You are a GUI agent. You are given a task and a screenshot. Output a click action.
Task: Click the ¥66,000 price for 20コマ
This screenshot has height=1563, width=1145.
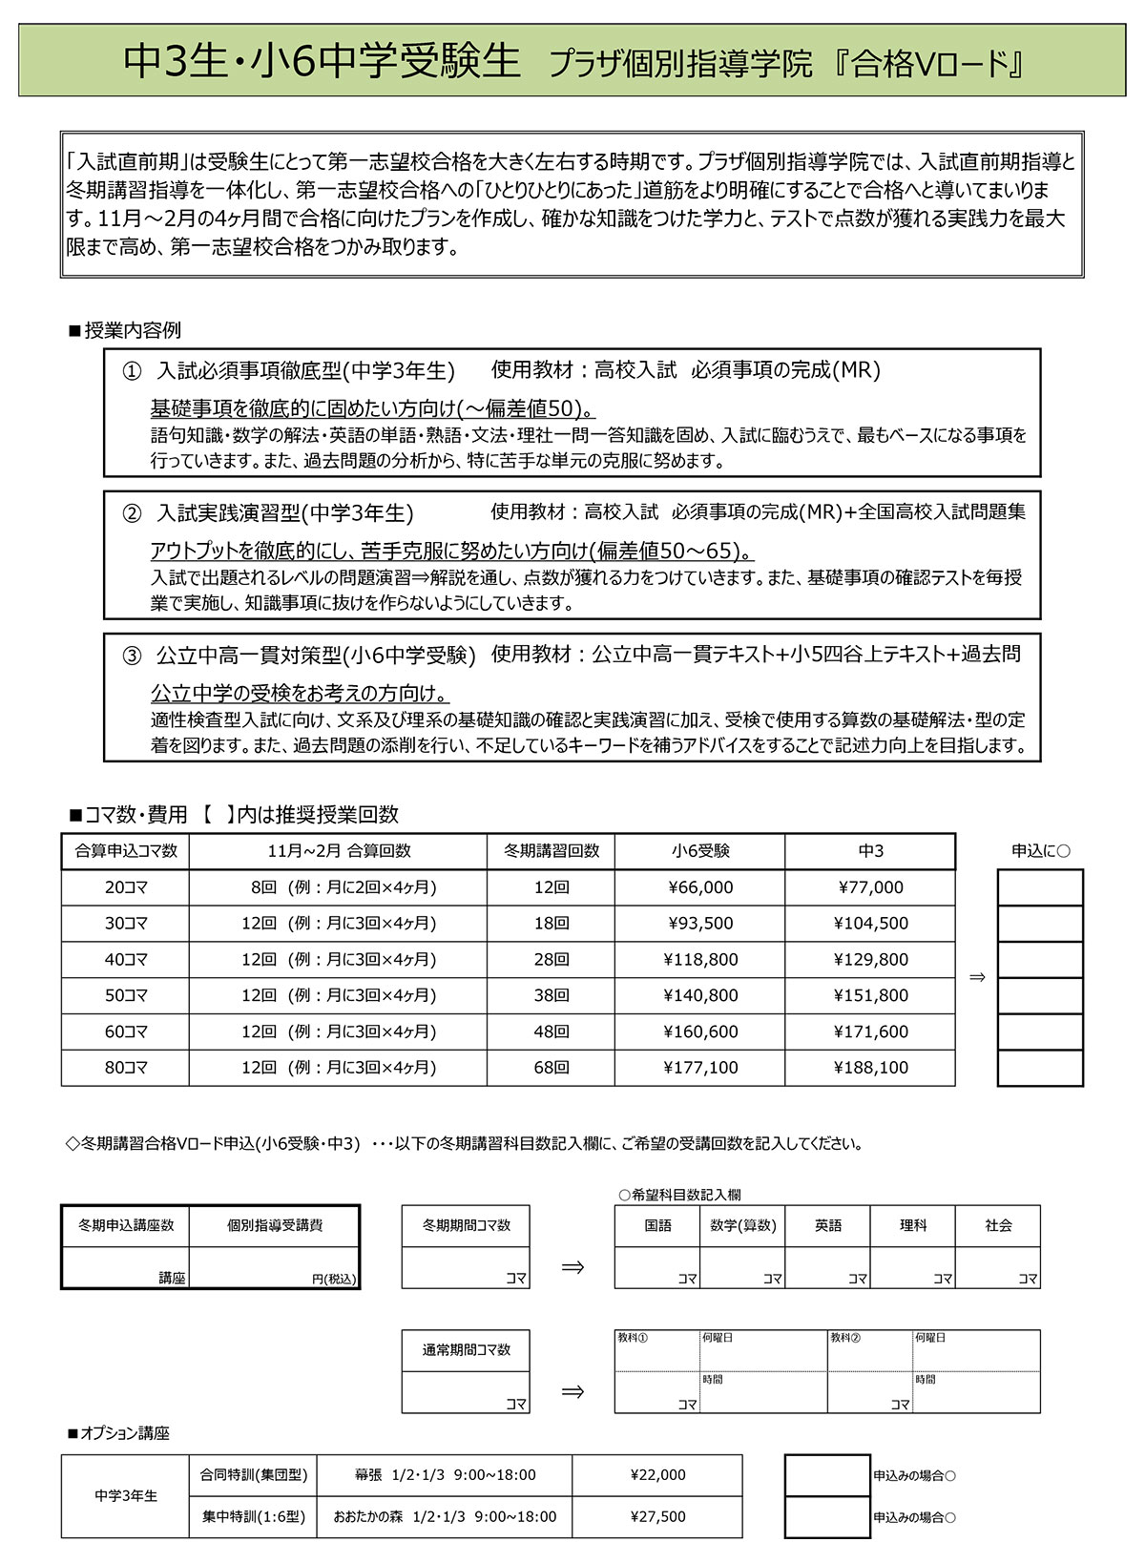click(700, 887)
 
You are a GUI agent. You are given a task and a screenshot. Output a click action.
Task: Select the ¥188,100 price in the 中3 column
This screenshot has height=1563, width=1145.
click(870, 1068)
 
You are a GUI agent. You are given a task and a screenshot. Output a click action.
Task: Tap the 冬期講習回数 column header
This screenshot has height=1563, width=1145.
click(552, 851)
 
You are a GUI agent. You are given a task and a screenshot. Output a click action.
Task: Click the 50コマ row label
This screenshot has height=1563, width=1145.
click(126, 995)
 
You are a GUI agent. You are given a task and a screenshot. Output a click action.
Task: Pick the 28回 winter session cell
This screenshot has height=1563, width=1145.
click(552, 959)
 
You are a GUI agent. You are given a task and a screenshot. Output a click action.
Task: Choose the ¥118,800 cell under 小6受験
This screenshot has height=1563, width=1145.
click(700, 959)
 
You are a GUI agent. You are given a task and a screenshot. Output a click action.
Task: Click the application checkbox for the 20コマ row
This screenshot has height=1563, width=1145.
click(1040, 887)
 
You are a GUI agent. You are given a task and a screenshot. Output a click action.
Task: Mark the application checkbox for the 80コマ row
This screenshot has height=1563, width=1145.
click(1040, 1068)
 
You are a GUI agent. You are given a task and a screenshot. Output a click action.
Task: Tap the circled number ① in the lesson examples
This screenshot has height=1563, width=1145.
click(132, 371)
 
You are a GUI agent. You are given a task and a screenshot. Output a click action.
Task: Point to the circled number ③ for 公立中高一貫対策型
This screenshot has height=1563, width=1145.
click(132, 656)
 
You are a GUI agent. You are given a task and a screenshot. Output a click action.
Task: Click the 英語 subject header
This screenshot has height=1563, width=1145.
click(828, 1225)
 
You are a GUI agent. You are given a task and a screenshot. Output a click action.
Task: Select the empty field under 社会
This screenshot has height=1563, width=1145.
click(998, 1267)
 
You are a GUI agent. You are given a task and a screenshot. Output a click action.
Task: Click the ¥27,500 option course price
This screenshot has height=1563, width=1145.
click(657, 1516)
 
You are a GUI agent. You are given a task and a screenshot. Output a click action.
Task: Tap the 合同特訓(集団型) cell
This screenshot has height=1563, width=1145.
click(254, 1475)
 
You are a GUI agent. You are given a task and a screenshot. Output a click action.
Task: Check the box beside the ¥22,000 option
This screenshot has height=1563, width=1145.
click(827, 1475)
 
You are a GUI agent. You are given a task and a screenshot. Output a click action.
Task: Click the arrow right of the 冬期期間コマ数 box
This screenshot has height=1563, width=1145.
click(572, 1267)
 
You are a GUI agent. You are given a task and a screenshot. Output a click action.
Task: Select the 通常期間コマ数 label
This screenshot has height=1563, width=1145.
click(467, 1350)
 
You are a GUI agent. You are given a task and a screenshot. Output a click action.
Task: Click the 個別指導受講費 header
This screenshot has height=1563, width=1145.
click(275, 1225)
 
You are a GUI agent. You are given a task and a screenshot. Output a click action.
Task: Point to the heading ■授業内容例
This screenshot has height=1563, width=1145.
click(125, 331)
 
